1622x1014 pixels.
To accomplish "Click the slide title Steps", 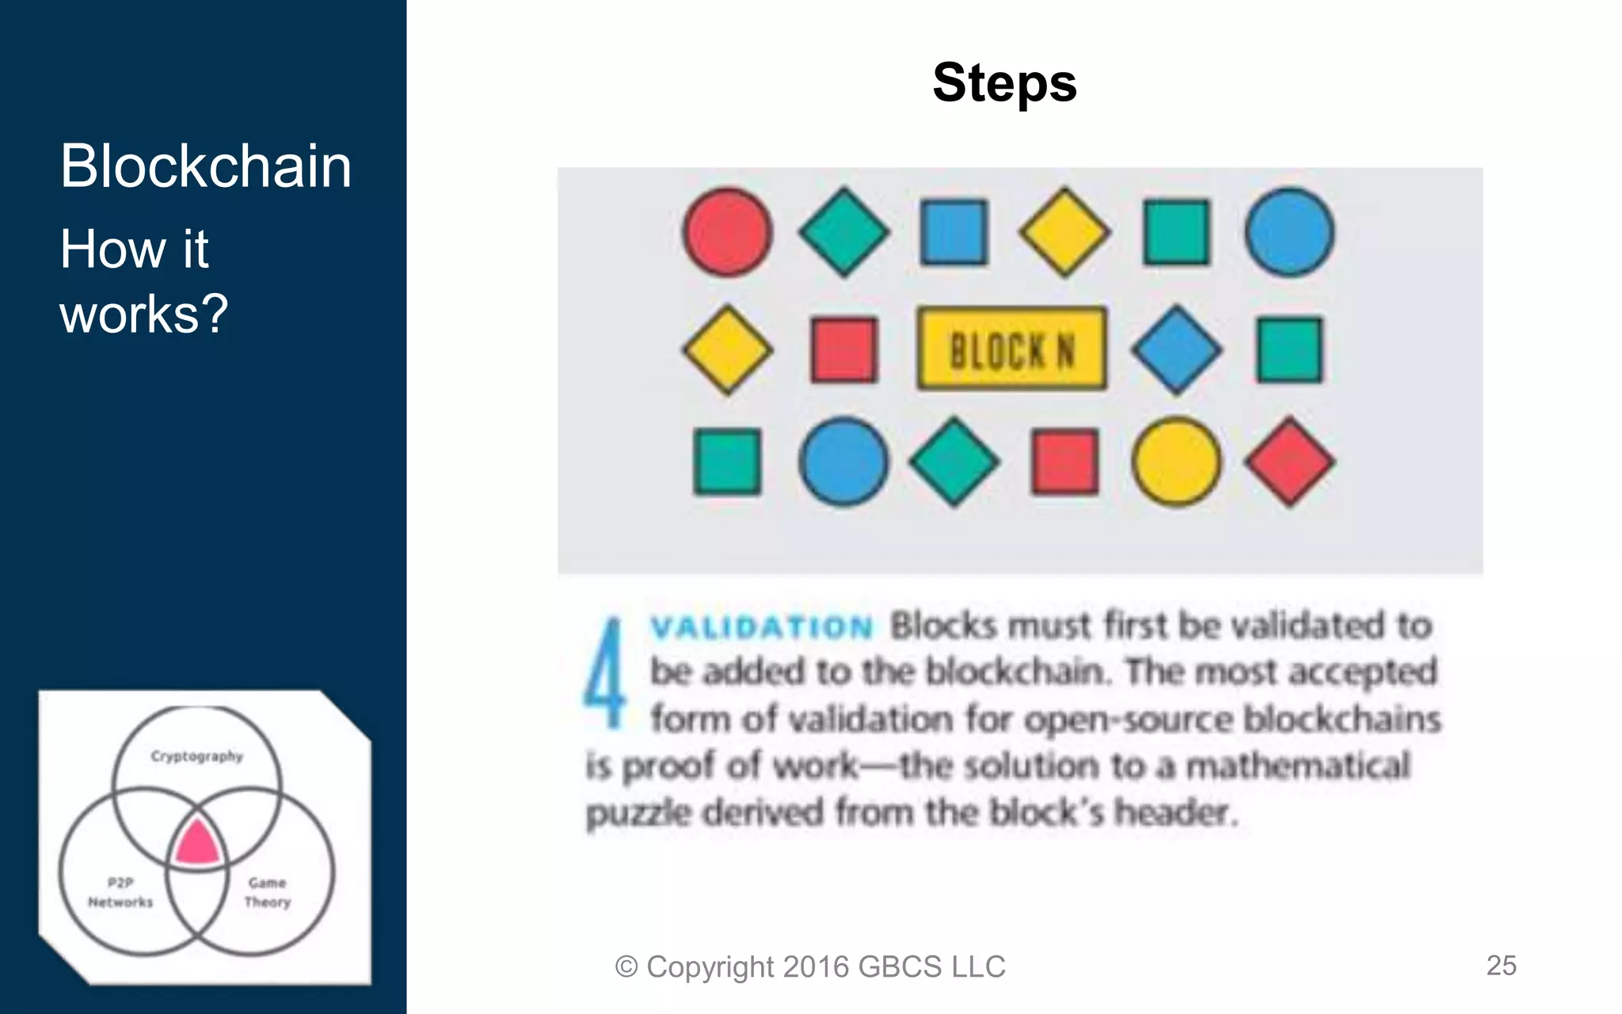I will click(1004, 83).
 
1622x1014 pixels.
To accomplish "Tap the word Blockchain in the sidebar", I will click(206, 166).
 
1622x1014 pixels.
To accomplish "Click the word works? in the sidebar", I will click(144, 314).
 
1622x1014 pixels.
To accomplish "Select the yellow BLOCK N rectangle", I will click(1011, 349).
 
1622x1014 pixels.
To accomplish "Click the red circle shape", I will click(727, 232).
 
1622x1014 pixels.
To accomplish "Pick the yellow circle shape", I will click(1176, 462).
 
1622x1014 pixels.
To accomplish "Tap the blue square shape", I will click(954, 232).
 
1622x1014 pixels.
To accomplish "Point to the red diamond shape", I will click(1289, 462).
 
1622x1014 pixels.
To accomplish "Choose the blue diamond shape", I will click(1176, 349).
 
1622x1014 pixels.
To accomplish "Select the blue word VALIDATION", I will click(761, 627).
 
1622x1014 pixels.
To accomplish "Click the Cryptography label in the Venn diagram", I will click(197, 756).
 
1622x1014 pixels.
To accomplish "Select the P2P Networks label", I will click(120, 892).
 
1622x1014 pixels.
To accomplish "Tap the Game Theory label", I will click(267, 892).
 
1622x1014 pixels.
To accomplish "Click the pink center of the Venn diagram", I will click(197, 843).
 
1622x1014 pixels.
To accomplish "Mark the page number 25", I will click(1501, 965).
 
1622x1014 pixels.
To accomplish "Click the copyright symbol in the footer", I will click(626, 966).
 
